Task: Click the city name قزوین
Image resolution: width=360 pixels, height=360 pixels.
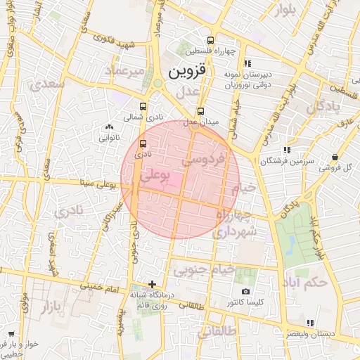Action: (x=188, y=71)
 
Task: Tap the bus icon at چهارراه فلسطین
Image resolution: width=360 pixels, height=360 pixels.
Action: (x=211, y=40)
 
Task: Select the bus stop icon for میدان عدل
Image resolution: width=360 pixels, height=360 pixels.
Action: (x=201, y=111)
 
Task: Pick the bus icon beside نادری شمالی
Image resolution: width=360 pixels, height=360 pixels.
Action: (x=143, y=106)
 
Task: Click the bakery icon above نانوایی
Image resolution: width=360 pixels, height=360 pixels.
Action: (x=108, y=127)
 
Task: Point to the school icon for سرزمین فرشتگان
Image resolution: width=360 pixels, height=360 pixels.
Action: (x=286, y=150)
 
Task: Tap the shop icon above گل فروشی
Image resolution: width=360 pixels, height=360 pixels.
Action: (x=335, y=157)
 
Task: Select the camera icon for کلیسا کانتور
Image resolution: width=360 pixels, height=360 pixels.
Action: (x=245, y=291)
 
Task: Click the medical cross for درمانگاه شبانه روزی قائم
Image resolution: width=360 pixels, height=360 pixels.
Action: (x=152, y=284)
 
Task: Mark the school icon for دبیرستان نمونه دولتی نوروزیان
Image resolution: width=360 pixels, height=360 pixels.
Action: (x=246, y=63)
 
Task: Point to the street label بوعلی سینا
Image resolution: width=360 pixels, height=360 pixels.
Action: (x=98, y=184)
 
